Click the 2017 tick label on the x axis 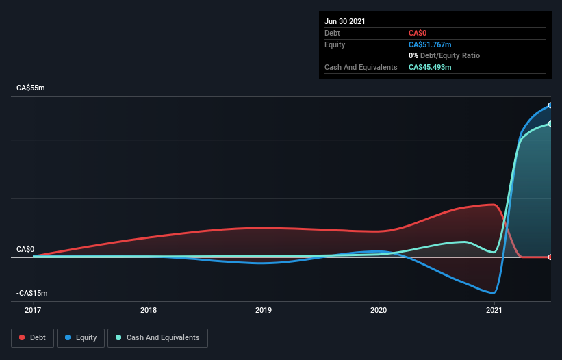33,310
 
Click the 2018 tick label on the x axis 149,310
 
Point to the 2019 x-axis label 264,310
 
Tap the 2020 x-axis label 379,310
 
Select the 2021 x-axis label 494,310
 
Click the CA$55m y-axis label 32,88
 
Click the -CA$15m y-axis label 32,293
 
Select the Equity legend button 81,337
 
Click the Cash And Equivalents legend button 157,337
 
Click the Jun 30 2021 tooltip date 345,21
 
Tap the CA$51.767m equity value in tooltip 430,44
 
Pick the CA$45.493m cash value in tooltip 430,67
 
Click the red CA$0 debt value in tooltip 418,33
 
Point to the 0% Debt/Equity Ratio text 444,55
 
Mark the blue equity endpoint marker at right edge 550,105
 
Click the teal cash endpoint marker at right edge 550,124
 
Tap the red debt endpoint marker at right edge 550,257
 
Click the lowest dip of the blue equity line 493,292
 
